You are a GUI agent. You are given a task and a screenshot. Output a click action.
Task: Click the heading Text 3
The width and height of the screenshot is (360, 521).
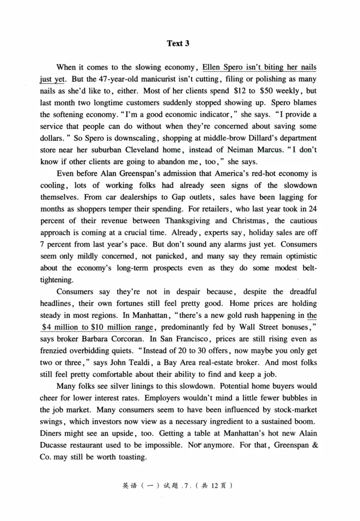pyautogui.click(x=178, y=44)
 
